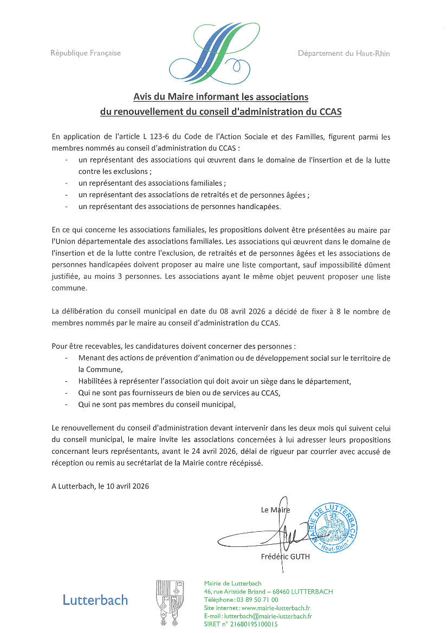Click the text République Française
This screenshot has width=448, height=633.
86,53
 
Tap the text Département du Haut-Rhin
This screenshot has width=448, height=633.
343,53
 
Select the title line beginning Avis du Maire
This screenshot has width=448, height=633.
220,97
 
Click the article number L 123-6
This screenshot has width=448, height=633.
157,137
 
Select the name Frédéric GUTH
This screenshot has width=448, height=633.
285,557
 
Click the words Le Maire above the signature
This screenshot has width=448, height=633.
275,510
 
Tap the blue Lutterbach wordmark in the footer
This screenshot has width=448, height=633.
95,600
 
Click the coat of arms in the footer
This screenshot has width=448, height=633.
170,603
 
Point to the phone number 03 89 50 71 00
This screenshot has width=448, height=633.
257,600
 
